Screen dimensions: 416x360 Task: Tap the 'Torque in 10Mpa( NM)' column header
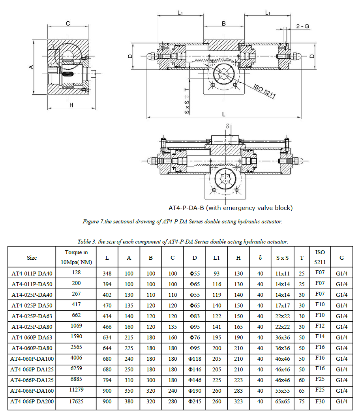[76, 257]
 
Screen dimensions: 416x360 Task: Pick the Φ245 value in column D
[195, 401]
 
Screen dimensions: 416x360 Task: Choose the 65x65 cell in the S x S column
[282, 401]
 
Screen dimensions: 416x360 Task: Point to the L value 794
[107, 380]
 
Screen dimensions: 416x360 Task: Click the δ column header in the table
[260, 258]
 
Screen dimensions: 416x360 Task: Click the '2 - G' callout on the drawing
[302, 26]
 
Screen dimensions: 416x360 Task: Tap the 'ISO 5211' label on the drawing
[264, 91]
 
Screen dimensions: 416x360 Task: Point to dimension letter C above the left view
[68, 24]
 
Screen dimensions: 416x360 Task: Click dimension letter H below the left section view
[71, 105]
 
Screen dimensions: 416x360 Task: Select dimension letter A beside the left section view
[31, 67]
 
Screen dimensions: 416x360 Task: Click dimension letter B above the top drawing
[223, 24]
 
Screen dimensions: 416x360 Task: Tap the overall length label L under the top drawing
[223, 114]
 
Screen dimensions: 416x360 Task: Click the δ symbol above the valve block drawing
[228, 126]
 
